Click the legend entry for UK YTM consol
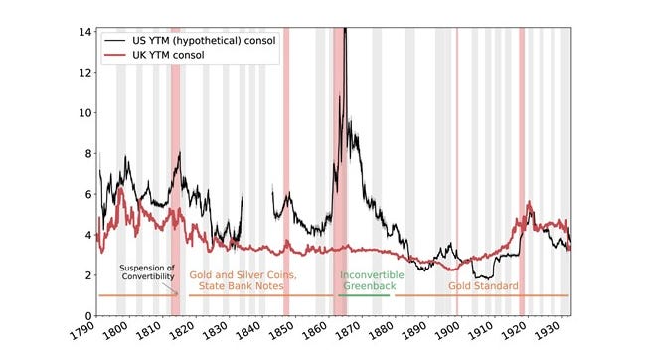pos(168,55)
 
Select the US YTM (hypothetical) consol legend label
pos(204,41)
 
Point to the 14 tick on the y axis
pos(85,32)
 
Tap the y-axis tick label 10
pos(85,112)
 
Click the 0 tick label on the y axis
pos(88,316)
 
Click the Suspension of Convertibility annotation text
pos(147,272)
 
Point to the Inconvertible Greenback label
pos(372,280)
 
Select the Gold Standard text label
pos(483,286)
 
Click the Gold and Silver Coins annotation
pos(243,280)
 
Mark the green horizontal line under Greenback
pos(364,295)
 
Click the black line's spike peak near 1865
pos(346,29)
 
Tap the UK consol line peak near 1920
pos(529,202)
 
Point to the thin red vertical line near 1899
pos(457,171)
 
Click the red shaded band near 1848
pos(286,171)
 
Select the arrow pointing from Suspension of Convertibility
pos(169,288)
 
